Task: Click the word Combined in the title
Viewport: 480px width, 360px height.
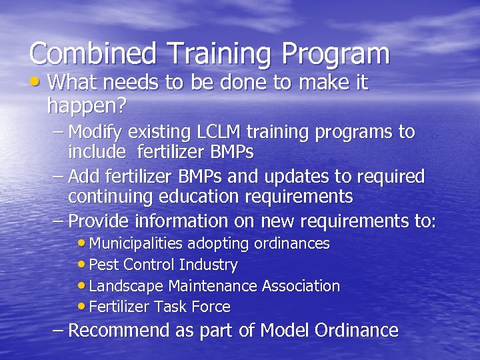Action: click(92, 53)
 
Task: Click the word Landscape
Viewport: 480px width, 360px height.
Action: click(126, 286)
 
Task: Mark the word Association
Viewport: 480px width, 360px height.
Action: click(301, 286)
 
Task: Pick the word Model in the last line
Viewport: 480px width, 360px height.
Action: click(285, 330)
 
